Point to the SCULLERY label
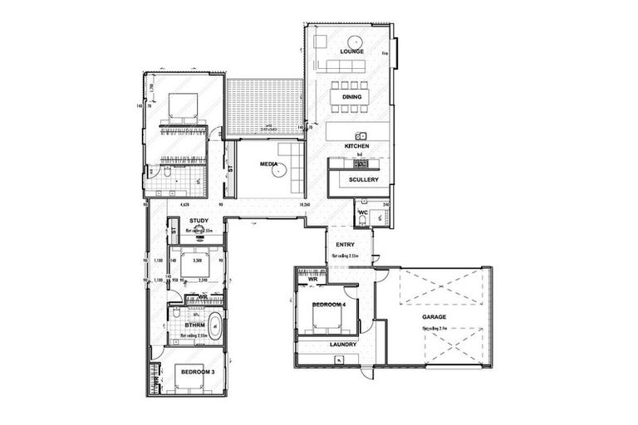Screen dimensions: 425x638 364,179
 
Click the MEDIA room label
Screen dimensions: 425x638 268,165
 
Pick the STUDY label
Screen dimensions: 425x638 198,222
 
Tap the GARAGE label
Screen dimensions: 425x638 434,318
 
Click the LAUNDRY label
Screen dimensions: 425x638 343,344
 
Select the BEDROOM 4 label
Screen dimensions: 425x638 327,306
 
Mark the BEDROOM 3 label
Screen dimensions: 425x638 198,372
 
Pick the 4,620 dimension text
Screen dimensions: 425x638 186,203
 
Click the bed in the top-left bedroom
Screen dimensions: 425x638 183,108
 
